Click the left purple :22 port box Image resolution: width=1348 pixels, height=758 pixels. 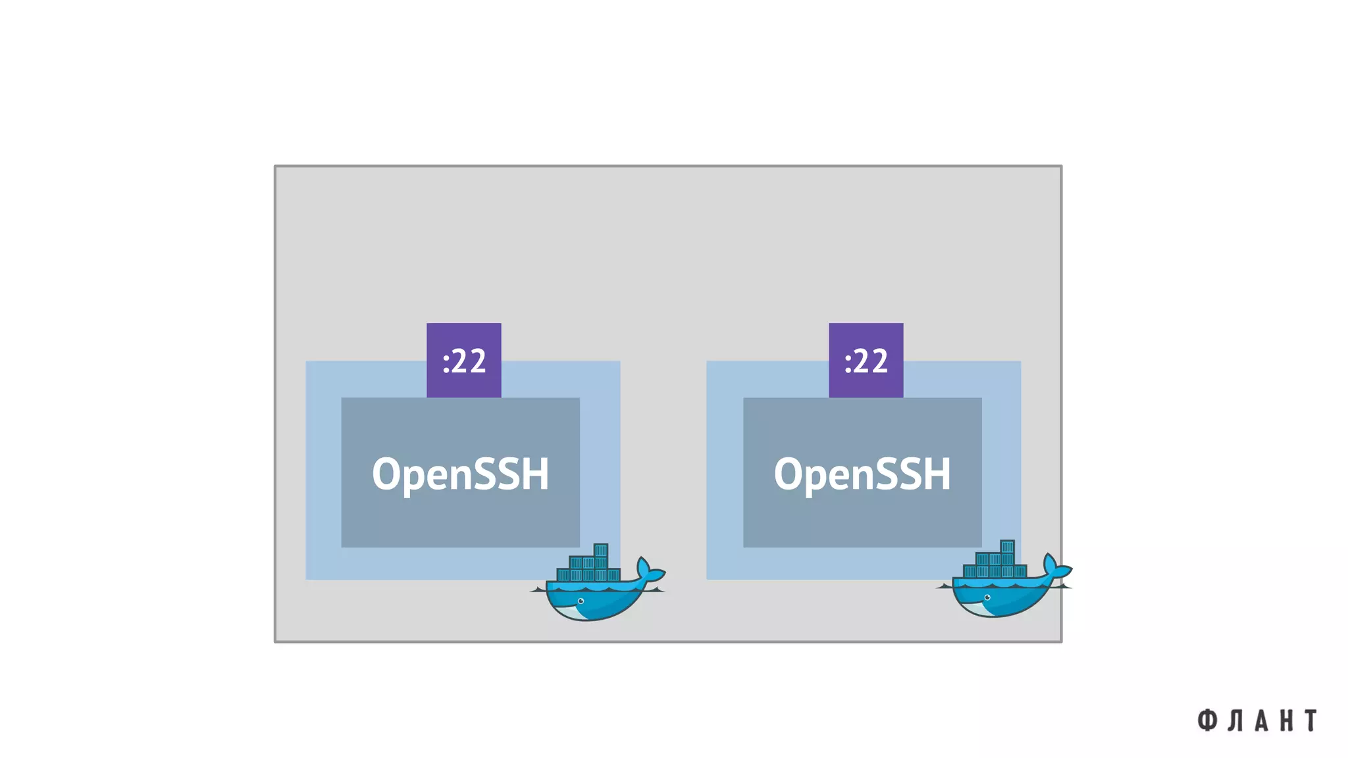click(463, 360)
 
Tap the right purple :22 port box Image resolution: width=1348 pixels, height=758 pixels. click(866, 360)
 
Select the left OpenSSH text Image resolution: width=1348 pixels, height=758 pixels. click(460, 474)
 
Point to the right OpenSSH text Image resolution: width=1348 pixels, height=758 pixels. click(862, 474)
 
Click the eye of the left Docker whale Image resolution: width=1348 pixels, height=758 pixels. click(581, 601)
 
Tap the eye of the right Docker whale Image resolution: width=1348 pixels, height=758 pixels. click(987, 597)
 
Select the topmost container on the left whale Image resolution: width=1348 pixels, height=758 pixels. click(600, 550)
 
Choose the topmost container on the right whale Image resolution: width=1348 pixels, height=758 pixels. click(1007, 547)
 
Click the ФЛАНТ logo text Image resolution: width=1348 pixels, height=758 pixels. click(1257, 720)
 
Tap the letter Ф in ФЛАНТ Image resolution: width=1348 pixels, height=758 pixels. click(1206, 720)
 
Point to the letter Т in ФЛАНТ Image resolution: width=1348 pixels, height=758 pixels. click(1311, 720)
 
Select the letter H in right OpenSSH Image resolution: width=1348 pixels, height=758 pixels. click(937, 473)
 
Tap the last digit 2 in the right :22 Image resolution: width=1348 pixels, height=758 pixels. click(880, 361)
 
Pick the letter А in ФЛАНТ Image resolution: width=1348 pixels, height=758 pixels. click(1261, 720)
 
